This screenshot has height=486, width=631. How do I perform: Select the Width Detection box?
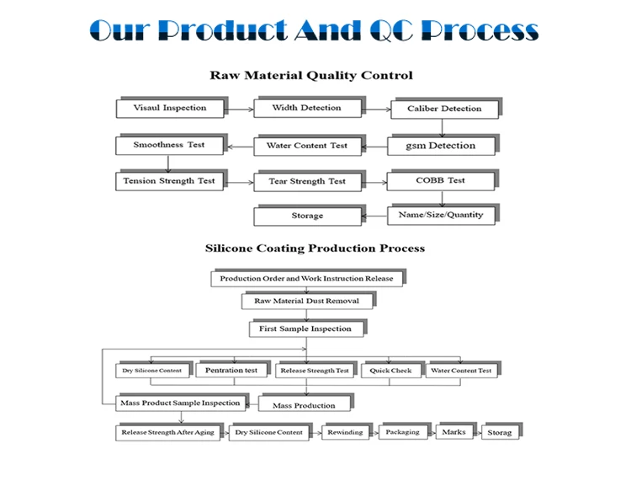click(x=306, y=108)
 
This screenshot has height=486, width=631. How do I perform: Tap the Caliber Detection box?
click(x=443, y=109)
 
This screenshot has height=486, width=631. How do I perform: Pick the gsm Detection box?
click(x=440, y=146)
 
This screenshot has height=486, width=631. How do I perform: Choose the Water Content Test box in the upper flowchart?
click(x=306, y=146)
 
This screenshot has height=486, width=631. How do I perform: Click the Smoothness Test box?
click(x=168, y=145)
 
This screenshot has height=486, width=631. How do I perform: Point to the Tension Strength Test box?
click(x=168, y=181)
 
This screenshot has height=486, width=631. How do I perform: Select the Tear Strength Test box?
click(x=306, y=181)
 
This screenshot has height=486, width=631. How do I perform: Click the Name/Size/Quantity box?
click(x=440, y=215)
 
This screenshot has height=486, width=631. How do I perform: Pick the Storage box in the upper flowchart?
click(x=306, y=216)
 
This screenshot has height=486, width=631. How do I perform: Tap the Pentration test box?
click(x=231, y=370)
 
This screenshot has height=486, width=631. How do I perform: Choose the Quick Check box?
click(x=390, y=371)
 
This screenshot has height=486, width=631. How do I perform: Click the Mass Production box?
click(x=303, y=405)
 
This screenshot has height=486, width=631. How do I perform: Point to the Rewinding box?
click(x=344, y=432)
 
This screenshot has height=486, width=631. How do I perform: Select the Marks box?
click(x=453, y=432)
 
